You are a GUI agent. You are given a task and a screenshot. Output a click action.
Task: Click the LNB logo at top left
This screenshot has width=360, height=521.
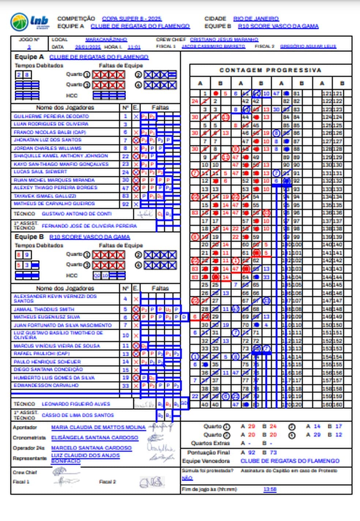(x=30, y=22)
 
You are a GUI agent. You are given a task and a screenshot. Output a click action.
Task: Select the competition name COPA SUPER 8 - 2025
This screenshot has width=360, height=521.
(x=132, y=19)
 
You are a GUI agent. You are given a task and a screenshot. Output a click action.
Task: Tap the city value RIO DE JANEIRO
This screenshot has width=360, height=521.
(x=256, y=19)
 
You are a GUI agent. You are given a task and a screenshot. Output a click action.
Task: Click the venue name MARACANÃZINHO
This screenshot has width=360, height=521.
(x=106, y=39)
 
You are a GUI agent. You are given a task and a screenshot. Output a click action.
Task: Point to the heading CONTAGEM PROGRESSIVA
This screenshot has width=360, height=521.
(x=270, y=70)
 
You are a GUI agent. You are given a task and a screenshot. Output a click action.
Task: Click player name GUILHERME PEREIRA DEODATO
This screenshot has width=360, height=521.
(x=51, y=116)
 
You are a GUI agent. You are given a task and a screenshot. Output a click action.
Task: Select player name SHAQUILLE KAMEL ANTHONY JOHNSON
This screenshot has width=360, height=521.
(x=61, y=156)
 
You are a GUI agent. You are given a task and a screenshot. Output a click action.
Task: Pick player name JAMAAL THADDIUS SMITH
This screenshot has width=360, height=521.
(x=44, y=309)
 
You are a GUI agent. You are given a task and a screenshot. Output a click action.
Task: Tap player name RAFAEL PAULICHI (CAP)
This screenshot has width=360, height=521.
(x=41, y=354)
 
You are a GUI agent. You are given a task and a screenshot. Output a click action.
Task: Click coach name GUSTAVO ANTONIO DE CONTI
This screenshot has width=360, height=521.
(x=76, y=214)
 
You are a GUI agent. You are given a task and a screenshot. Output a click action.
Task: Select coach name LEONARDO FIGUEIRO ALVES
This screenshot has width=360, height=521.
(x=76, y=404)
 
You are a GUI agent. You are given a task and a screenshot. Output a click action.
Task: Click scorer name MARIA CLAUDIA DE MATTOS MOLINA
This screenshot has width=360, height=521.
(x=98, y=427)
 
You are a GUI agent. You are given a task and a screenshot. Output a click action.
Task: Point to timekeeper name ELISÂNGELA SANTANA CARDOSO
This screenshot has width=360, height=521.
(x=94, y=438)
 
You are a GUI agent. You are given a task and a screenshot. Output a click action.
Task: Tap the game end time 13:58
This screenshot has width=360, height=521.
(x=270, y=489)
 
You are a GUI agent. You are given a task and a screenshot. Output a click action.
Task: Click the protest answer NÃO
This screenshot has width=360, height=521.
(x=187, y=478)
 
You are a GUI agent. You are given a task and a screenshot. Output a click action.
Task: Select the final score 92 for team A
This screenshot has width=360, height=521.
(x=252, y=453)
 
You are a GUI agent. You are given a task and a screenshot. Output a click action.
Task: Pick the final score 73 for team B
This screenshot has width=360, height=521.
(x=273, y=453)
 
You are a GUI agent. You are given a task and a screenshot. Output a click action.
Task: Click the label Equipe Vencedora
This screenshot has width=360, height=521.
(x=206, y=461)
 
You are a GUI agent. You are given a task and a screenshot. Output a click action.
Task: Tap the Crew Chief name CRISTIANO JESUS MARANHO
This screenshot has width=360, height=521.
(x=224, y=39)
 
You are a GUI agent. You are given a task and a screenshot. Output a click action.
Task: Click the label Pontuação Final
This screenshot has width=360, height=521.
(x=209, y=453)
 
